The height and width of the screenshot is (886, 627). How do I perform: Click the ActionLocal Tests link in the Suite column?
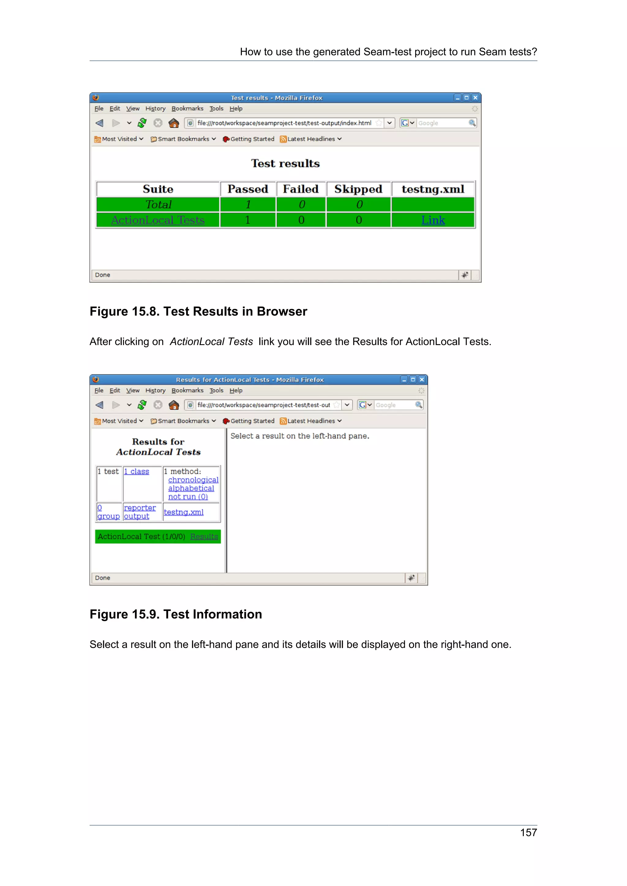158,220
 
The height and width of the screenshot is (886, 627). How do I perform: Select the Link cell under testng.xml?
433,220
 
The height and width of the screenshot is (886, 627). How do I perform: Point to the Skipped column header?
358,189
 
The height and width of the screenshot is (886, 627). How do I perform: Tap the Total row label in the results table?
158,205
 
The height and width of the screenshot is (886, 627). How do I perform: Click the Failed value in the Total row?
302,205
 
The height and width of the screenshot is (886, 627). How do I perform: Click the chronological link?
193,480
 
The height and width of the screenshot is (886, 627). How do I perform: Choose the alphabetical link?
191,488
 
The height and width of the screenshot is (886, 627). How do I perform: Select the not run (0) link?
188,497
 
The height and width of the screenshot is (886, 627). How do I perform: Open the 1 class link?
136,471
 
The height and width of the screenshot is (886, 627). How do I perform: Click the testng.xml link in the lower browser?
183,512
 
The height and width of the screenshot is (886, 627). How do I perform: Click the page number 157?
528,832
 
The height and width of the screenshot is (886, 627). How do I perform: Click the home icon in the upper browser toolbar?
174,123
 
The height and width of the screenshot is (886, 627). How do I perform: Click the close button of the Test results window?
475,98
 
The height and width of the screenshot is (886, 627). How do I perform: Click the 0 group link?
108,512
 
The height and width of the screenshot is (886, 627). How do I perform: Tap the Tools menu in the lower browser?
216,390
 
